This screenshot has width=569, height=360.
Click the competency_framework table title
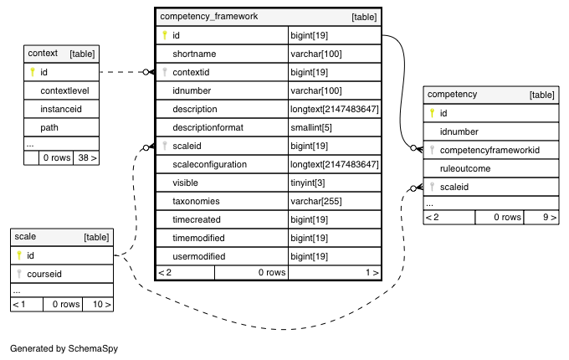pos(209,17)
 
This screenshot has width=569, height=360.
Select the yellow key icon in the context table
pos(33,72)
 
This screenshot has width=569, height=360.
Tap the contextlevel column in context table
pos(64,90)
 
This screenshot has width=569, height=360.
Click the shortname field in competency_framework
pos(194,54)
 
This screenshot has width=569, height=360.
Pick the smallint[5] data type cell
pos(311,127)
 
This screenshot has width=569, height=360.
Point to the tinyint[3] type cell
pos(307,183)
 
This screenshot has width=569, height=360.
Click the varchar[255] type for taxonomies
pos(316,201)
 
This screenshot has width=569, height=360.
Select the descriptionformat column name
pos(208,127)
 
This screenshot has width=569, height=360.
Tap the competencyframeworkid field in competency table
pos(490,150)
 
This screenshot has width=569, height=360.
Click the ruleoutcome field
pos(465,168)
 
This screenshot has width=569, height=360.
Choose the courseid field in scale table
pos(44,274)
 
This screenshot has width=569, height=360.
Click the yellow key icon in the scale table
pos(19,255)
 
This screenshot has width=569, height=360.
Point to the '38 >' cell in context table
pos(87,157)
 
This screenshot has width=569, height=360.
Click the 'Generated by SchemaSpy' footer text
pos(64,348)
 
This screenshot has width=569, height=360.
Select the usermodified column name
pos(199,256)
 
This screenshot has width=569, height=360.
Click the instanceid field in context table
pos(61,109)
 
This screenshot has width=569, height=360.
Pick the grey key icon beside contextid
pos(165,72)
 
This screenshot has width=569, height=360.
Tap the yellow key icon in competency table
pos(432,113)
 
